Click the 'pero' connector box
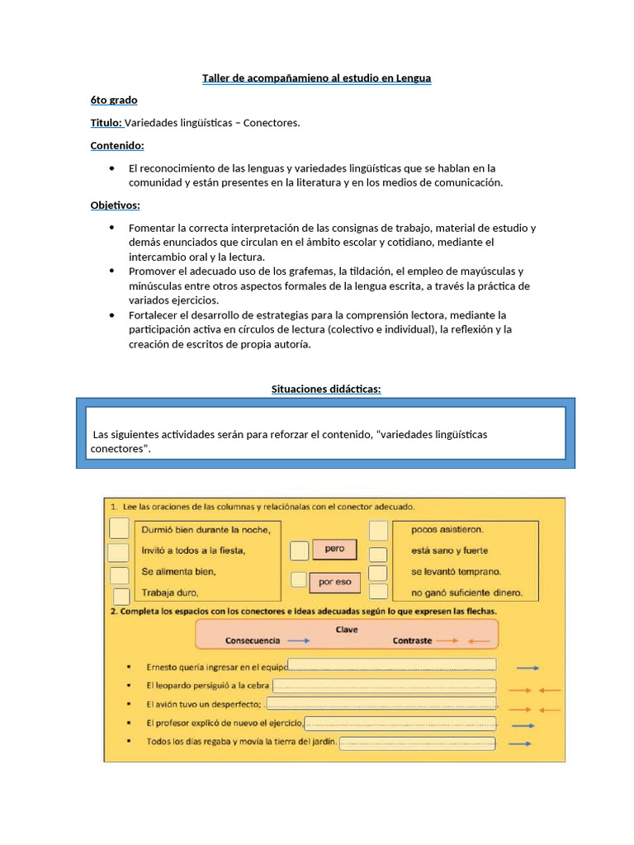(x=334, y=549)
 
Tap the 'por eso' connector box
(x=334, y=581)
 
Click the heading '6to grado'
(x=114, y=100)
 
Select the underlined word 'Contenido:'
(x=117, y=145)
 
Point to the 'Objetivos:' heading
(x=115, y=205)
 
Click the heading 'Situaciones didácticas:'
(x=326, y=389)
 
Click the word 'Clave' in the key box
(x=347, y=629)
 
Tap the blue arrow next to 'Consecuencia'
(x=299, y=640)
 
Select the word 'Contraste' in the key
(x=412, y=640)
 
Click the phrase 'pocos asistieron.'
(x=447, y=530)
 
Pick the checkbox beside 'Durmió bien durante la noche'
(x=120, y=528)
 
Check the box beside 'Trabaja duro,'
(x=121, y=596)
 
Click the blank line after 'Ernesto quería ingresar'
(x=391, y=665)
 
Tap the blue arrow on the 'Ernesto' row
(x=528, y=667)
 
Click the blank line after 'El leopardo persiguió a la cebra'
(x=384, y=685)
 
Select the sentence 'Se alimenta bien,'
(x=179, y=571)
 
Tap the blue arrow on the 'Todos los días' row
(x=520, y=744)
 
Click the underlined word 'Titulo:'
(x=106, y=123)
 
